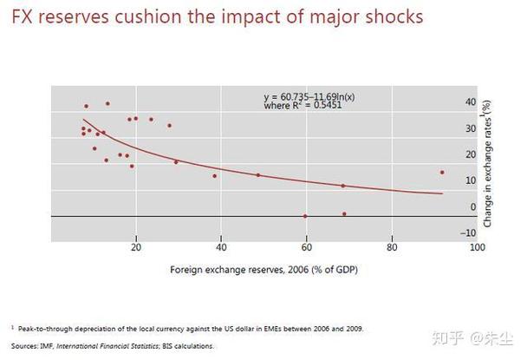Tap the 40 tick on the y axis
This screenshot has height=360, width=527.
[471, 102]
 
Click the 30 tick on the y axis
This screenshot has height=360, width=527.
[471, 128]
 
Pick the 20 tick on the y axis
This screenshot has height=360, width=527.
[471, 154]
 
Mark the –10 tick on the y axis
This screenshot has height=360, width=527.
[471, 232]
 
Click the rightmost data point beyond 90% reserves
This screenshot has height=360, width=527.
[442, 173]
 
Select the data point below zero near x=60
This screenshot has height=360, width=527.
[305, 216]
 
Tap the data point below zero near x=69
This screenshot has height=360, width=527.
[344, 213]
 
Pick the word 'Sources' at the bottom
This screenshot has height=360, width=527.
[23, 346]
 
